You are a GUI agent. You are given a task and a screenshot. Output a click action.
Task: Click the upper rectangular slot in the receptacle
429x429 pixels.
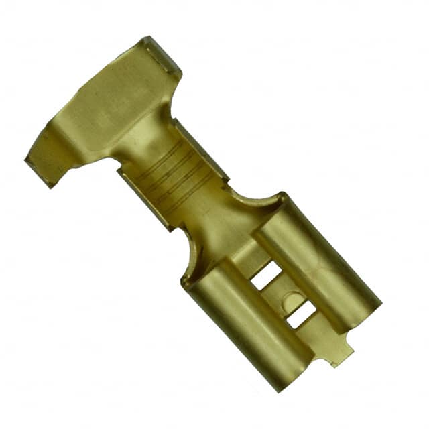(267, 275)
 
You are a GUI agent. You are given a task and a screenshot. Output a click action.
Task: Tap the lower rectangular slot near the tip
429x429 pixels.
(301, 314)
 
